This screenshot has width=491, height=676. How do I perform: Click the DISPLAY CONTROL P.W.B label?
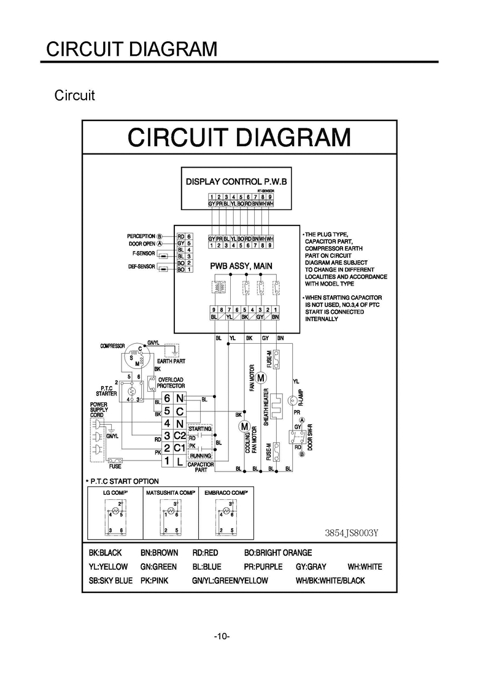click(x=236, y=182)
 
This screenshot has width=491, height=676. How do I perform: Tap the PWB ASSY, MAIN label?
click(x=241, y=266)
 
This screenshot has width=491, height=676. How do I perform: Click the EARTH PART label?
click(x=171, y=361)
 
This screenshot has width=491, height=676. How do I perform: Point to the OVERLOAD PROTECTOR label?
click(x=171, y=383)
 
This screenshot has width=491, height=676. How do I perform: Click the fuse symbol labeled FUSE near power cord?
click(x=115, y=459)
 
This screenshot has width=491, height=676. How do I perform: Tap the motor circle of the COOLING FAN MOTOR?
click(x=244, y=426)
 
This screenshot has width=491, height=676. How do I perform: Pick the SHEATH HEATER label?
click(x=266, y=407)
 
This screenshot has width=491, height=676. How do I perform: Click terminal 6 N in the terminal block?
click(x=174, y=399)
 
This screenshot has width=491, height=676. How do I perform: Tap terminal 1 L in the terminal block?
click(x=174, y=461)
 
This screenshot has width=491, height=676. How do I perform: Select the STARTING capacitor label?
click(x=200, y=429)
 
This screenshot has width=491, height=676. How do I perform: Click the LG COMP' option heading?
click(x=115, y=492)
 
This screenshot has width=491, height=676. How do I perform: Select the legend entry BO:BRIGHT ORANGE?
click(x=277, y=553)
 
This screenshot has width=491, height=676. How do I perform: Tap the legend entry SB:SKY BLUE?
click(x=110, y=580)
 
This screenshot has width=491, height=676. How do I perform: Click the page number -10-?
click(x=222, y=635)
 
